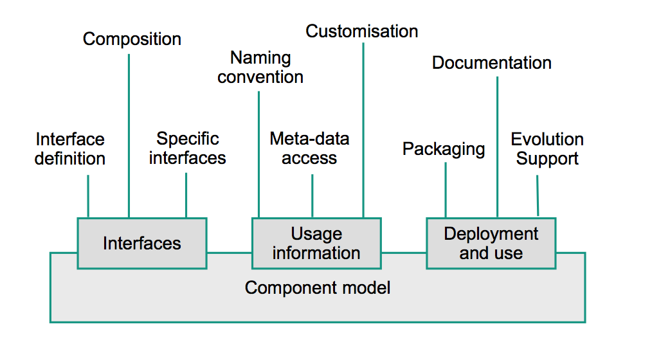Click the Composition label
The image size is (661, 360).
(x=132, y=39)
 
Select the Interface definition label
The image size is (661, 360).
(x=70, y=148)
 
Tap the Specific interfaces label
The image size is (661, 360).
(x=188, y=148)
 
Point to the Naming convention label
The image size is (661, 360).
(x=260, y=67)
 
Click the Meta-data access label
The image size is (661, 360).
(x=309, y=148)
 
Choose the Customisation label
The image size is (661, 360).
(x=362, y=31)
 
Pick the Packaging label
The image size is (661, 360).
(x=444, y=149)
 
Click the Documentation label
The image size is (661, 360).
(x=492, y=62)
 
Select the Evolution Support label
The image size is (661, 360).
(x=547, y=148)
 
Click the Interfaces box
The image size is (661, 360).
(x=142, y=243)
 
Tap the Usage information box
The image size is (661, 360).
(x=316, y=243)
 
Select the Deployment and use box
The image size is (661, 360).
(x=491, y=243)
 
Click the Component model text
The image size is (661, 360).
(x=318, y=287)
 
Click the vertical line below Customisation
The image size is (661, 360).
(x=363, y=129)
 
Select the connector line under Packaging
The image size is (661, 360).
(x=446, y=190)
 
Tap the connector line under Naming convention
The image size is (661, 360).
(x=258, y=154)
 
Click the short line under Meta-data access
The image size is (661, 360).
(x=312, y=195)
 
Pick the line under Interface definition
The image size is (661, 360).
(x=88, y=195)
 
